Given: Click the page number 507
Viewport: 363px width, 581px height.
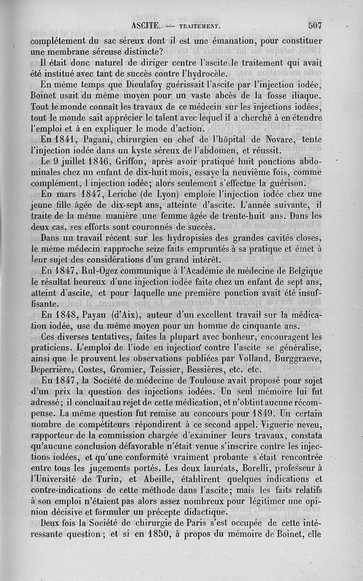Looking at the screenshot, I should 314,25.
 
